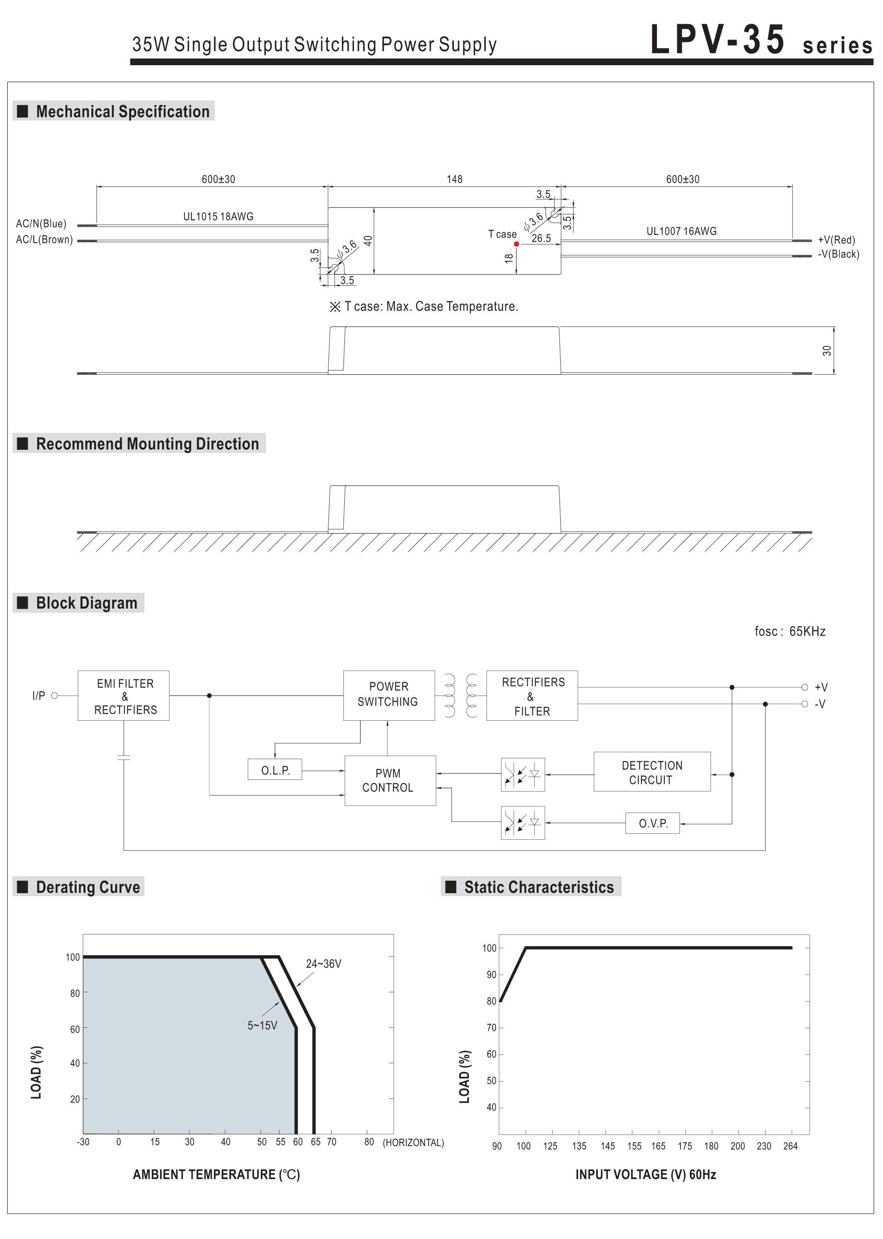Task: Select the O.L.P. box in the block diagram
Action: click(275, 770)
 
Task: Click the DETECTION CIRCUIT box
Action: click(652, 772)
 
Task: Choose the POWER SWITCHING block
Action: click(388, 695)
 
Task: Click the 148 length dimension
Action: click(455, 179)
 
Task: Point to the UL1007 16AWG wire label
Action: click(681, 231)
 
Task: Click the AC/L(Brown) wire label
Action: click(44, 240)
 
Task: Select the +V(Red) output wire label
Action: click(836, 240)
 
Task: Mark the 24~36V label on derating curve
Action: click(324, 964)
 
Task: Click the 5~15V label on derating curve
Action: click(262, 1025)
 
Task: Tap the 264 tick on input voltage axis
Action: click(790, 1146)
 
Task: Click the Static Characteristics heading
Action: click(538, 887)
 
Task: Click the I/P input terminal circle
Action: click(54, 696)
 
